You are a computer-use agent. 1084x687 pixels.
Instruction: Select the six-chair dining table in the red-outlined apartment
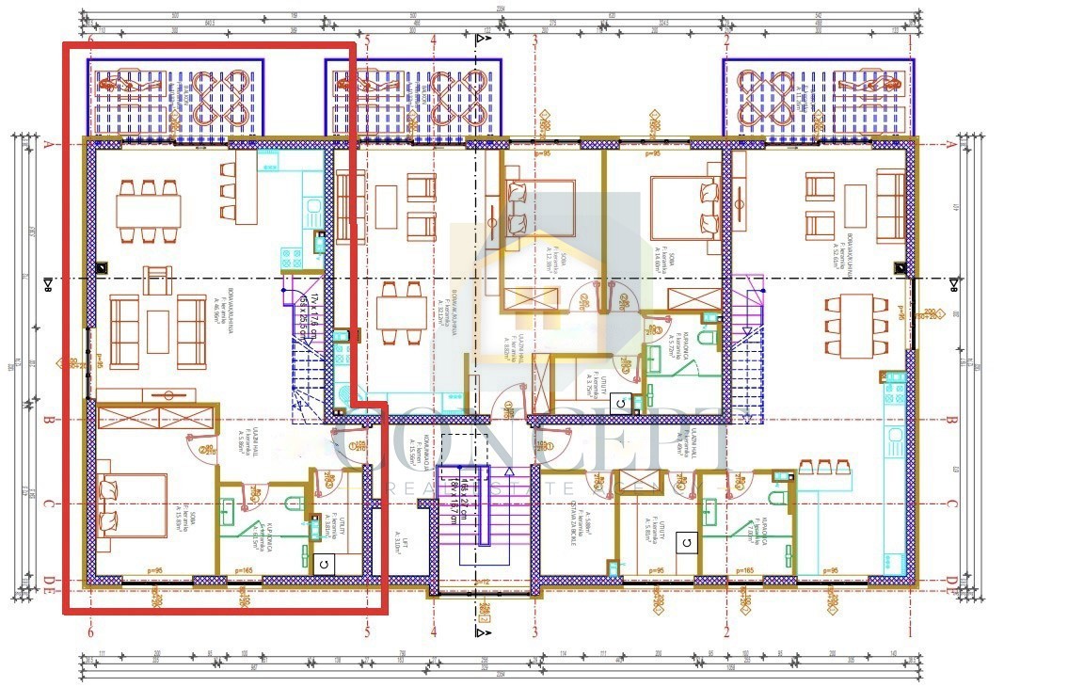[149, 208]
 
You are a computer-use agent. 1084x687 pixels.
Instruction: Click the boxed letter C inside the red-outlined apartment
[323, 563]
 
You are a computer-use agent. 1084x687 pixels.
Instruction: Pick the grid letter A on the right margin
[951, 145]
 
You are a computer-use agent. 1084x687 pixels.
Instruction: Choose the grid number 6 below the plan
[90, 632]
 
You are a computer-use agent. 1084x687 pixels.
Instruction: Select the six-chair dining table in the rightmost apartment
[856, 325]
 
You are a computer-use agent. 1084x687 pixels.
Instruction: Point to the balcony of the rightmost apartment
[818, 97]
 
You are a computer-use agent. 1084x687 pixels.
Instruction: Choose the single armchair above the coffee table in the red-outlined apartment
[158, 280]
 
